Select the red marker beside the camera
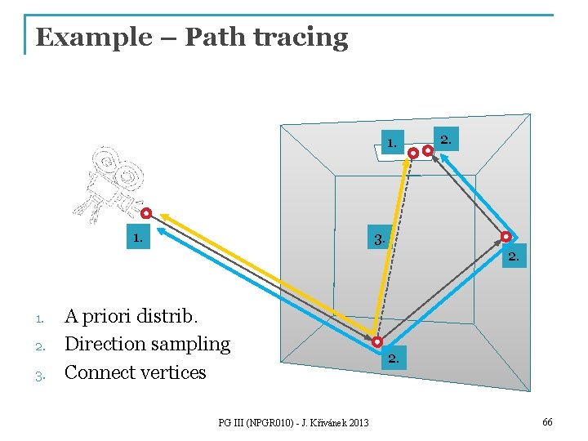tap(145, 214)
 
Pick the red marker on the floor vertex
tap(377, 341)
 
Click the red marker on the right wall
tap(506, 237)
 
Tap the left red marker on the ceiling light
tap(413, 153)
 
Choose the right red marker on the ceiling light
tap(427, 150)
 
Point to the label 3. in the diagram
tap(379, 240)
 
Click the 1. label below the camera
tap(138, 238)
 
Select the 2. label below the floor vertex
tap(394, 359)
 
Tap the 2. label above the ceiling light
tap(446, 140)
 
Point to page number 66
tap(546, 421)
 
